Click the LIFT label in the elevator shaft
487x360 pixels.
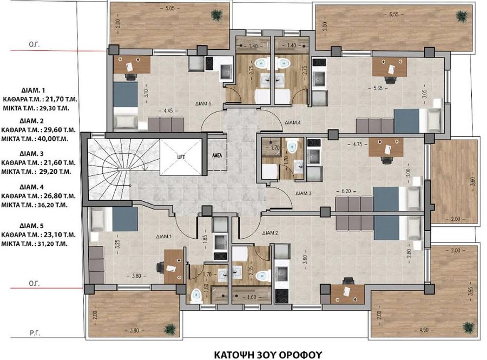click(x=181, y=157)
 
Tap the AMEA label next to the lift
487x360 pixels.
click(x=217, y=155)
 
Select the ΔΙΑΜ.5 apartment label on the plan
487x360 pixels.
click(x=203, y=104)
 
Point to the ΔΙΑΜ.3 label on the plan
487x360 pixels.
click(x=304, y=193)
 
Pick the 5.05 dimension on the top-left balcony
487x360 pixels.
click(x=169, y=8)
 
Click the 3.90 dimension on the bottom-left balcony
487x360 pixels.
click(x=134, y=330)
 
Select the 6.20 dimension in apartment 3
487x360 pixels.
click(x=346, y=191)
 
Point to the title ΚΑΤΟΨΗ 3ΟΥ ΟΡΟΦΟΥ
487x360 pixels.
click(x=268, y=355)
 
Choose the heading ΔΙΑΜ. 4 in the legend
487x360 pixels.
click(x=32, y=187)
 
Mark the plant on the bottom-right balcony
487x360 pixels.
click(x=469, y=327)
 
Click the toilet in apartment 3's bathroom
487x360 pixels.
click(x=292, y=146)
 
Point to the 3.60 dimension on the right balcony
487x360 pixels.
click(x=473, y=181)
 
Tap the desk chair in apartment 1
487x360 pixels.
click(x=161, y=267)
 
